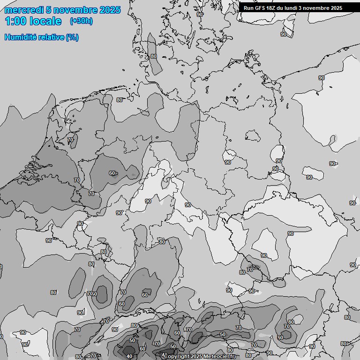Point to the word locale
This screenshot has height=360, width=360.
point(47,21)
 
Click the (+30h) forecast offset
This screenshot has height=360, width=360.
point(81,21)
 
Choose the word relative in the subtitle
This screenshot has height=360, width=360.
point(50,37)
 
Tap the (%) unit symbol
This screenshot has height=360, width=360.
point(72,37)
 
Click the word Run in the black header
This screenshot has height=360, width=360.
point(248,8)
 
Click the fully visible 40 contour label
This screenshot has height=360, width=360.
point(129,356)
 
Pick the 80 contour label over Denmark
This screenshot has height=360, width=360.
point(153,56)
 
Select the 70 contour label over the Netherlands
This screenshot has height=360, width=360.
point(70,140)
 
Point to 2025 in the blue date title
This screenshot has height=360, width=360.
point(109,10)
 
